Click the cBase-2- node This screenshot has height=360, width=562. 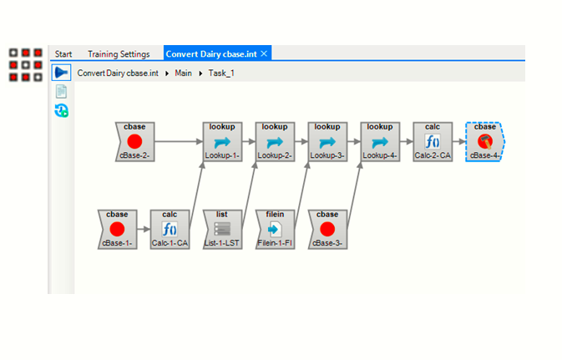134,141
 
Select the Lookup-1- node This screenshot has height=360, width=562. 222,141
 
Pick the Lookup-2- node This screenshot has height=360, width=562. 275,141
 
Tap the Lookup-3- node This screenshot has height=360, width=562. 327,141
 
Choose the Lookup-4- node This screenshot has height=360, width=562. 380,141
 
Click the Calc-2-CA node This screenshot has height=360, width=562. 433,141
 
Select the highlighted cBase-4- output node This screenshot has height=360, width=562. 485,141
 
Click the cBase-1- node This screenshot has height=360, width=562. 117,229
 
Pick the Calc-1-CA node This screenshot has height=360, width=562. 170,229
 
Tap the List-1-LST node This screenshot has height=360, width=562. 222,229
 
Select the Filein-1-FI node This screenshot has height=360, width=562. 275,229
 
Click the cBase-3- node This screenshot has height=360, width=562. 327,229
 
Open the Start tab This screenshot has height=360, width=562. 63,54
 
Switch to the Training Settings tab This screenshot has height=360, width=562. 119,54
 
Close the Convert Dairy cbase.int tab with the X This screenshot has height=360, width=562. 264,53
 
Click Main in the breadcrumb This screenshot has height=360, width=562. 183,74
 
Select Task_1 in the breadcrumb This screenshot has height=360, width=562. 221,74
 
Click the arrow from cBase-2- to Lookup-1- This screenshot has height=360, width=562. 178,141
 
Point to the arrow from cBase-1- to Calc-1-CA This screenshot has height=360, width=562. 143,229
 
